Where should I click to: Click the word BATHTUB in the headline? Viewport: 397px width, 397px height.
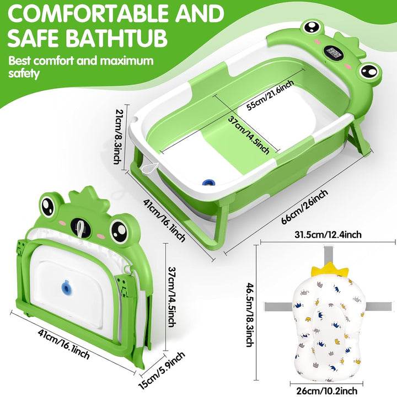[117, 37]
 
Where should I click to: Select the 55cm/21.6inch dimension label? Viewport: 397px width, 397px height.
[270, 95]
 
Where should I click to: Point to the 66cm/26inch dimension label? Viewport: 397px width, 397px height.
[304, 207]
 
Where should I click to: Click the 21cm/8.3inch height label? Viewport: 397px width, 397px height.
[118, 136]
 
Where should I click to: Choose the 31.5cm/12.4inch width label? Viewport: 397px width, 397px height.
[328, 235]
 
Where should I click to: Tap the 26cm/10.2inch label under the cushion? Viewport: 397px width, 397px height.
[326, 391]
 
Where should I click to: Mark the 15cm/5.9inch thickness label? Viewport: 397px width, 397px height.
[162, 370]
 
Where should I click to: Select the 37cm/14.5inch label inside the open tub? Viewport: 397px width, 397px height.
[248, 135]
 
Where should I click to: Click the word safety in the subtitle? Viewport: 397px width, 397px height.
[24, 74]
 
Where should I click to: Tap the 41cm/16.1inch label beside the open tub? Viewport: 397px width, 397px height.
[164, 221]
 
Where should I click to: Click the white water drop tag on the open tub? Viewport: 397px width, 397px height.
[150, 168]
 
